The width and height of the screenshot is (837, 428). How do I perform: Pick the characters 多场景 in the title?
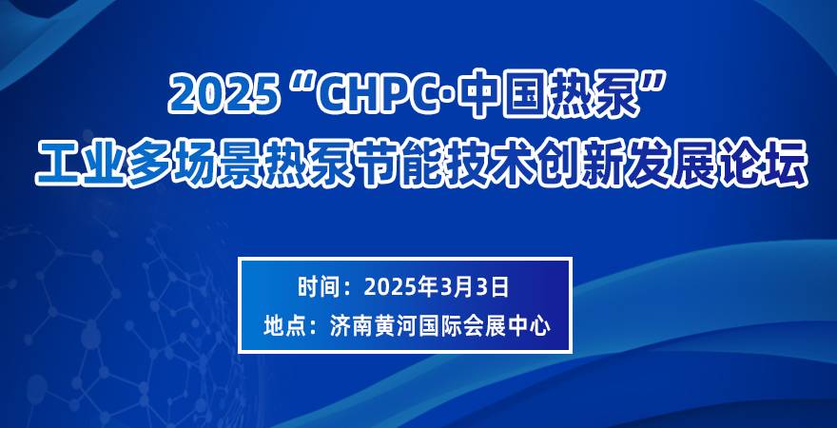(x=194, y=162)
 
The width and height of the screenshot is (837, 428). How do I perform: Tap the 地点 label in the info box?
(x=282, y=326)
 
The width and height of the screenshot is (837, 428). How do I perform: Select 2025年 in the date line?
(x=402, y=287)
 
